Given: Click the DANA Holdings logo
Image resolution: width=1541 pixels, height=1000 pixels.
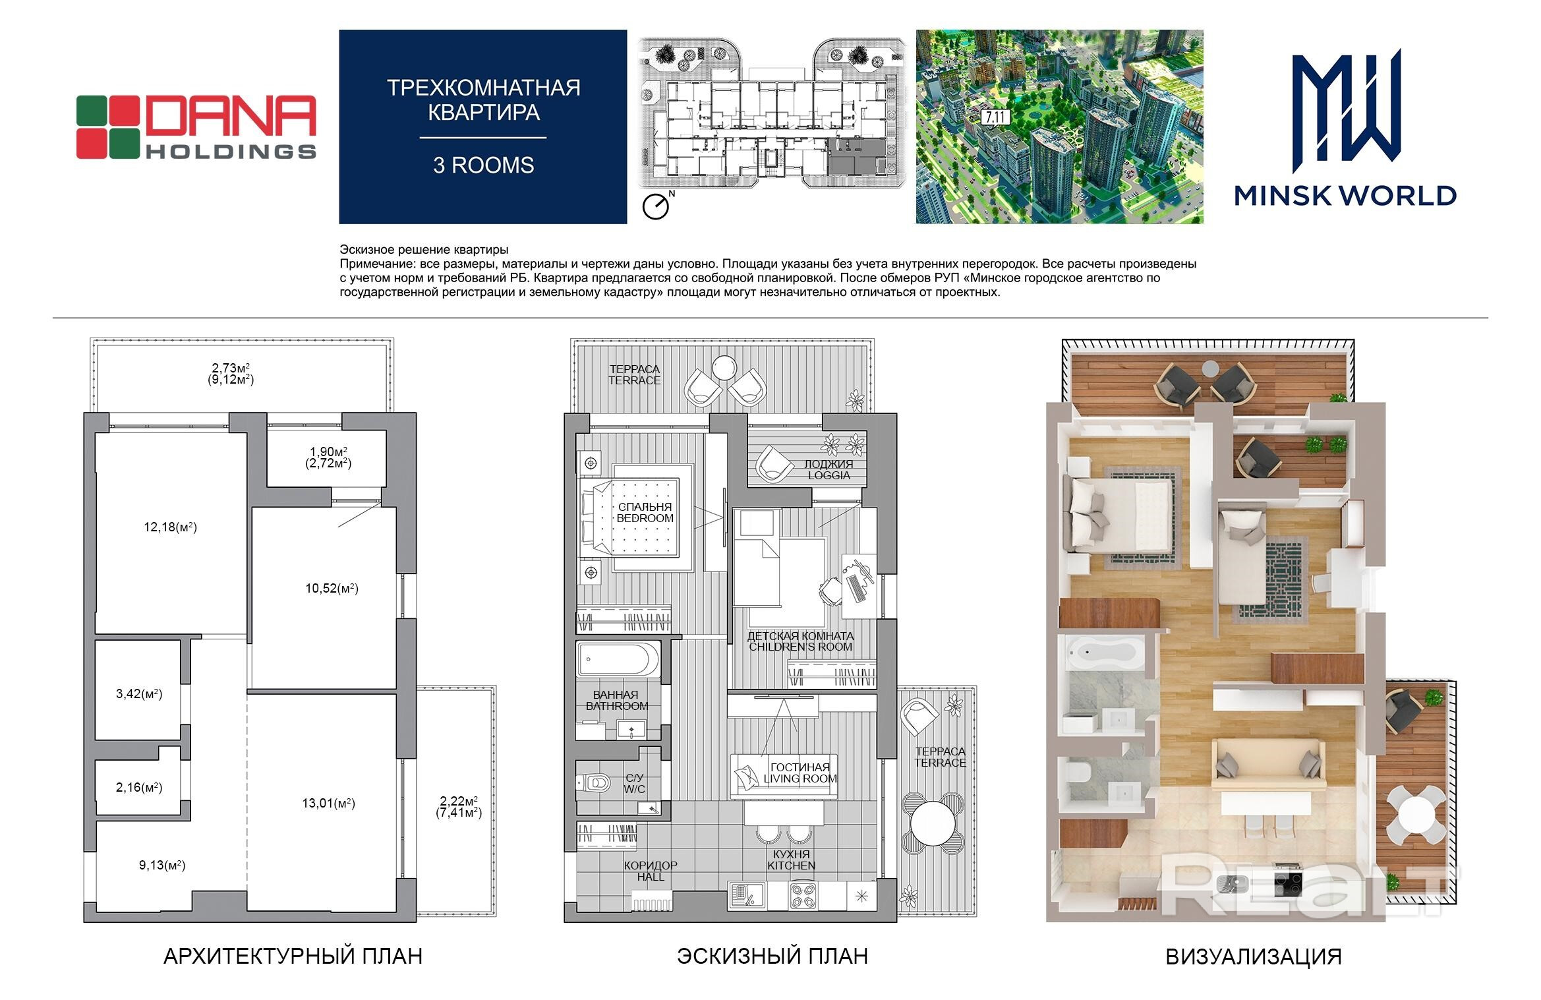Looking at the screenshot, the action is tap(196, 127).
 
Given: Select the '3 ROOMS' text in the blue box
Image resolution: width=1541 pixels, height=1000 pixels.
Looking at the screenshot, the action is tap(483, 165).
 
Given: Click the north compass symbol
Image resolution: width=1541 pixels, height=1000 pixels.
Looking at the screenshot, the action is tap(658, 205).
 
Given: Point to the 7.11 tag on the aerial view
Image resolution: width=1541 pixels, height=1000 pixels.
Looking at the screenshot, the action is tap(995, 118).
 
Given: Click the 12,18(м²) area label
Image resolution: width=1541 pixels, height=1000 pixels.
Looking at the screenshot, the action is tap(170, 527).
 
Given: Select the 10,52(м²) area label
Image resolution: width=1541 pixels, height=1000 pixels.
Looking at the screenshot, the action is tap(332, 588).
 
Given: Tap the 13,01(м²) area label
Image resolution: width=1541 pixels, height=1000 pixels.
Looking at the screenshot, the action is tap(328, 803).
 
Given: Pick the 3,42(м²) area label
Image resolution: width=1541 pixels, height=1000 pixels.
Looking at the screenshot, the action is tap(139, 693).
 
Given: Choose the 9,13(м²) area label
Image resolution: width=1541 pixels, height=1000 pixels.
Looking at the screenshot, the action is tap(162, 865).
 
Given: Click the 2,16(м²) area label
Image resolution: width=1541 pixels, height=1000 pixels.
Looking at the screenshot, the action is tap(139, 787).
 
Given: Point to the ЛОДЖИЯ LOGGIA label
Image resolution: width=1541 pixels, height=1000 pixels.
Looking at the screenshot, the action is tap(829, 469).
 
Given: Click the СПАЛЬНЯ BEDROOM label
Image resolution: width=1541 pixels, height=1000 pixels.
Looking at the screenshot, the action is tap(645, 512).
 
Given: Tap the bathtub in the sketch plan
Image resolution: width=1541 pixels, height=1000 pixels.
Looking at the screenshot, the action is tap(618, 659).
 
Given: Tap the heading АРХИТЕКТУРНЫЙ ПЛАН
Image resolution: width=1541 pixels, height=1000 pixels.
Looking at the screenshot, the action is tap(293, 956).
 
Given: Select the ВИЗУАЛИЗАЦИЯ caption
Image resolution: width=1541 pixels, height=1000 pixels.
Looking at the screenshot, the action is tap(1254, 956).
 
